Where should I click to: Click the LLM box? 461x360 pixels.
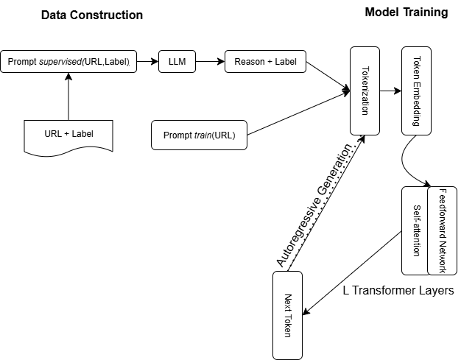[177, 61]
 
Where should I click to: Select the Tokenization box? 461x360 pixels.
[365, 91]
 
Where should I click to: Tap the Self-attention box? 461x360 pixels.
[415, 230]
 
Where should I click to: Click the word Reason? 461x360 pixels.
[248, 62]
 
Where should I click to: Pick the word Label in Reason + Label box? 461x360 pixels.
[286, 62]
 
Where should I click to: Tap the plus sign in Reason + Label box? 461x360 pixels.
[269, 62]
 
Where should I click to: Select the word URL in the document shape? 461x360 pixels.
[53, 134]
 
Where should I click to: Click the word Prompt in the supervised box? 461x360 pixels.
[21, 62]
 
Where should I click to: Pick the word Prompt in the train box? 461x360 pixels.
[177, 135]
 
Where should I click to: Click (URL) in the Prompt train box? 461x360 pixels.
[226, 135]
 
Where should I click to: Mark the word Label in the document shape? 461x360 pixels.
[82, 134]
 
